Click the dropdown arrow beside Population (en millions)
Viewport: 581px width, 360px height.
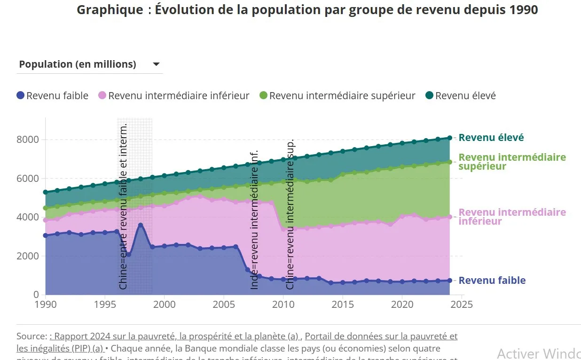(157, 64)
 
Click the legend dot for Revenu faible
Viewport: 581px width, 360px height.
(20, 95)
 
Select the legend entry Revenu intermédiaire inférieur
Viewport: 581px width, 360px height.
(179, 96)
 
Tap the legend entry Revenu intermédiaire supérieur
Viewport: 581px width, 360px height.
(342, 96)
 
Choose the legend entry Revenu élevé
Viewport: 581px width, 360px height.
(465, 96)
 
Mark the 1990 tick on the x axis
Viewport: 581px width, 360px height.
(46, 305)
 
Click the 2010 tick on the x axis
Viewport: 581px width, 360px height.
(283, 305)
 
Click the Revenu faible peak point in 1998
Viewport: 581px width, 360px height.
(141, 225)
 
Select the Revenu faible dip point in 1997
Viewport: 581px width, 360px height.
(129, 254)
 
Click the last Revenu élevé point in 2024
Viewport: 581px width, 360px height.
(450, 138)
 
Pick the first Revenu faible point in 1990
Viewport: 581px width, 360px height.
(46, 235)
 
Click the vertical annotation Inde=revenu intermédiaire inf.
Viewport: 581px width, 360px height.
(254, 219)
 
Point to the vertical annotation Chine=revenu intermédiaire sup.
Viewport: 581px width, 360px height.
(290, 214)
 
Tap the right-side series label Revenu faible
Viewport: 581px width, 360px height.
(492, 281)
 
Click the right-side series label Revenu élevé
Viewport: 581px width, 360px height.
(491, 138)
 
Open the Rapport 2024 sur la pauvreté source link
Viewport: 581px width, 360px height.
(174, 337)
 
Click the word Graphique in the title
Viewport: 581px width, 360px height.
(103, 10)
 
